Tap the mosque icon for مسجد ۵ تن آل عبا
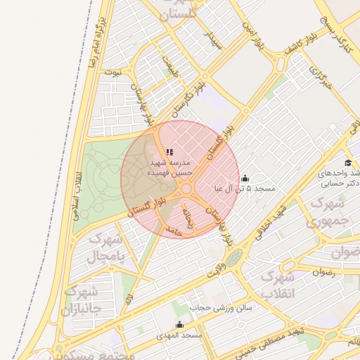(x=244, y=179)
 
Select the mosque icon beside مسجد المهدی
(x=179, y=325)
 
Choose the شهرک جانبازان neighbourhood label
(x=81, y=300)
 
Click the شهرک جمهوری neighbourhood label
(x=329, y=211)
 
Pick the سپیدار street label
(x=212, y=39)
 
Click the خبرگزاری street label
(x=321, y=75)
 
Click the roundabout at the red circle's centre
(x=186, y=188)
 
